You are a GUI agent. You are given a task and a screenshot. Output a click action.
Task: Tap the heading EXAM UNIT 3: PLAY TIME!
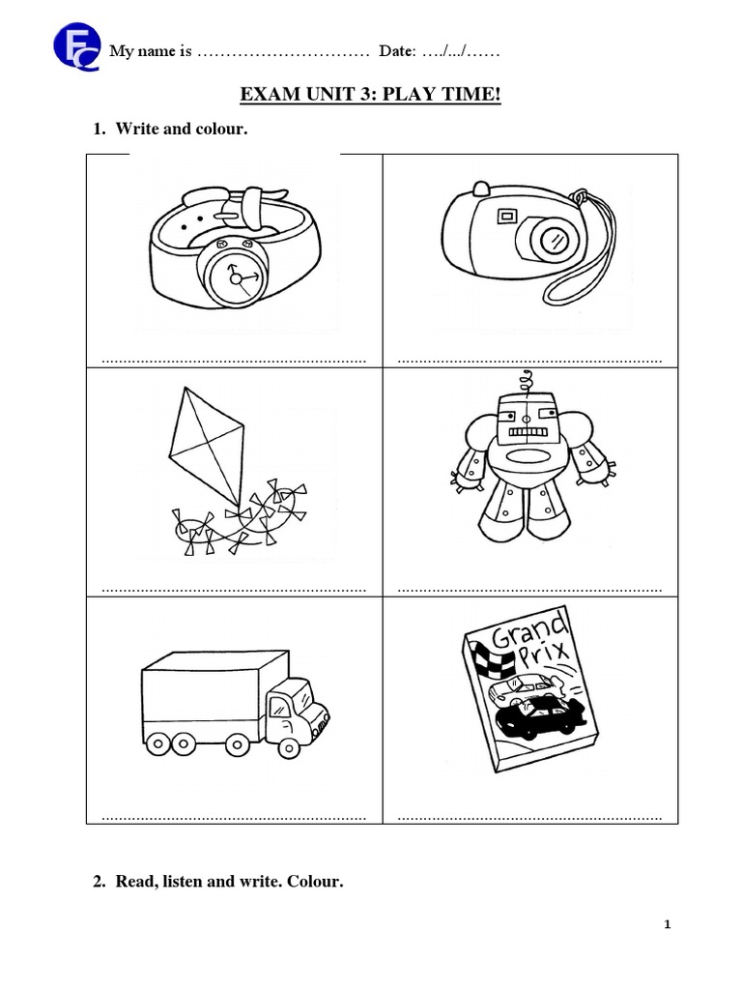370,97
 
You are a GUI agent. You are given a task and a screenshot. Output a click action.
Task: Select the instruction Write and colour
182,130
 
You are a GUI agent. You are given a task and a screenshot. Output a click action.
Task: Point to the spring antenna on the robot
527,381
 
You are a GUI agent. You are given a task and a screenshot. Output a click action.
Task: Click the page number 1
667,924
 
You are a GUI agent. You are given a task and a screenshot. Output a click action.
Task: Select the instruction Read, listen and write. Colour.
229,881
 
